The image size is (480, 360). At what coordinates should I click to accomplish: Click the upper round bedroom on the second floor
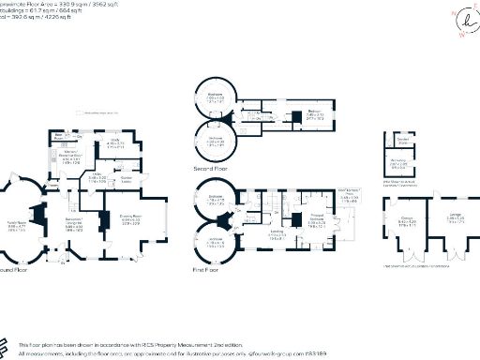[x=216, y=98]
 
